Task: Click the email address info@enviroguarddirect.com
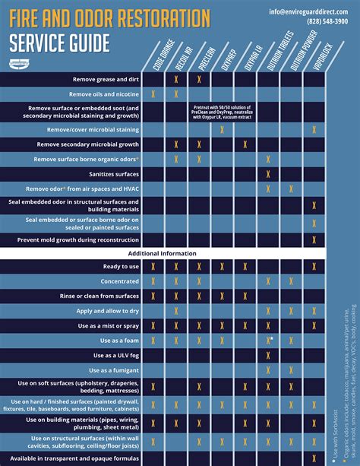(312, 11)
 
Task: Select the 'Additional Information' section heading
(163, 253)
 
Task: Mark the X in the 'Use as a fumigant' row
(268, 369)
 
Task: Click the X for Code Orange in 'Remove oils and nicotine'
(153, 94)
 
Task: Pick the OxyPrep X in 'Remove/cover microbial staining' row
(222, 130)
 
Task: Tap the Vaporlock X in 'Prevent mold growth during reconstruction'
(314, 239)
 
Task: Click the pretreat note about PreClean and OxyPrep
(222, 112)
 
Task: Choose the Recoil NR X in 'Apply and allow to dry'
(176, 310)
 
